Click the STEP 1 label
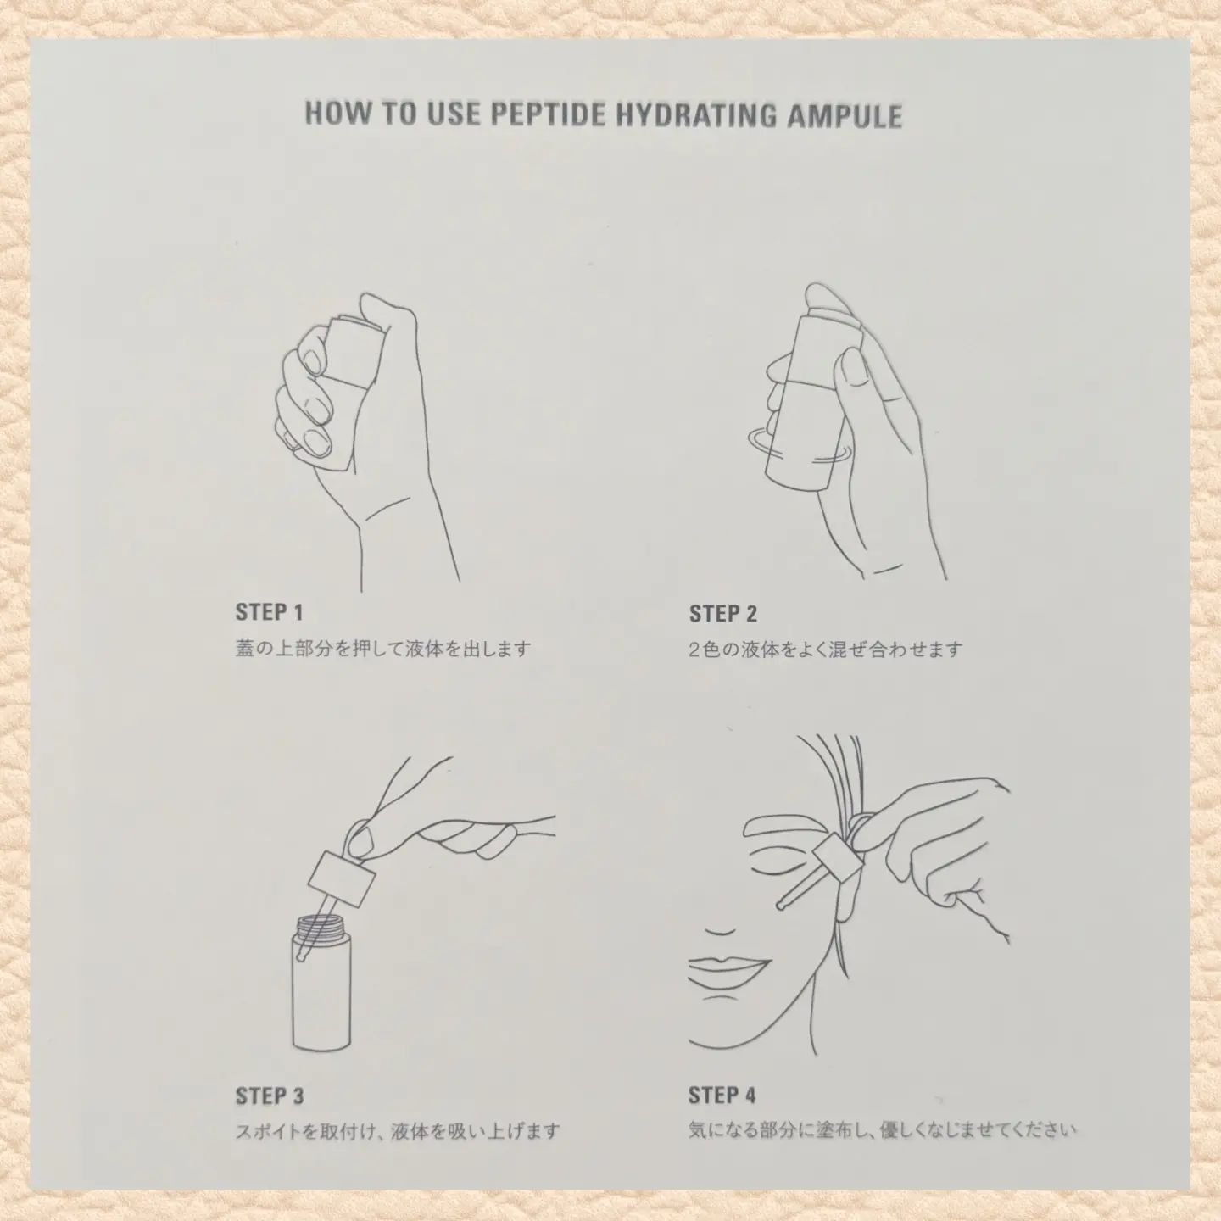point(270,612)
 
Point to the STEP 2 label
point(723,613)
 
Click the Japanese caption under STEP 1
point(382,650)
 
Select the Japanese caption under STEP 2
point(826,650)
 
